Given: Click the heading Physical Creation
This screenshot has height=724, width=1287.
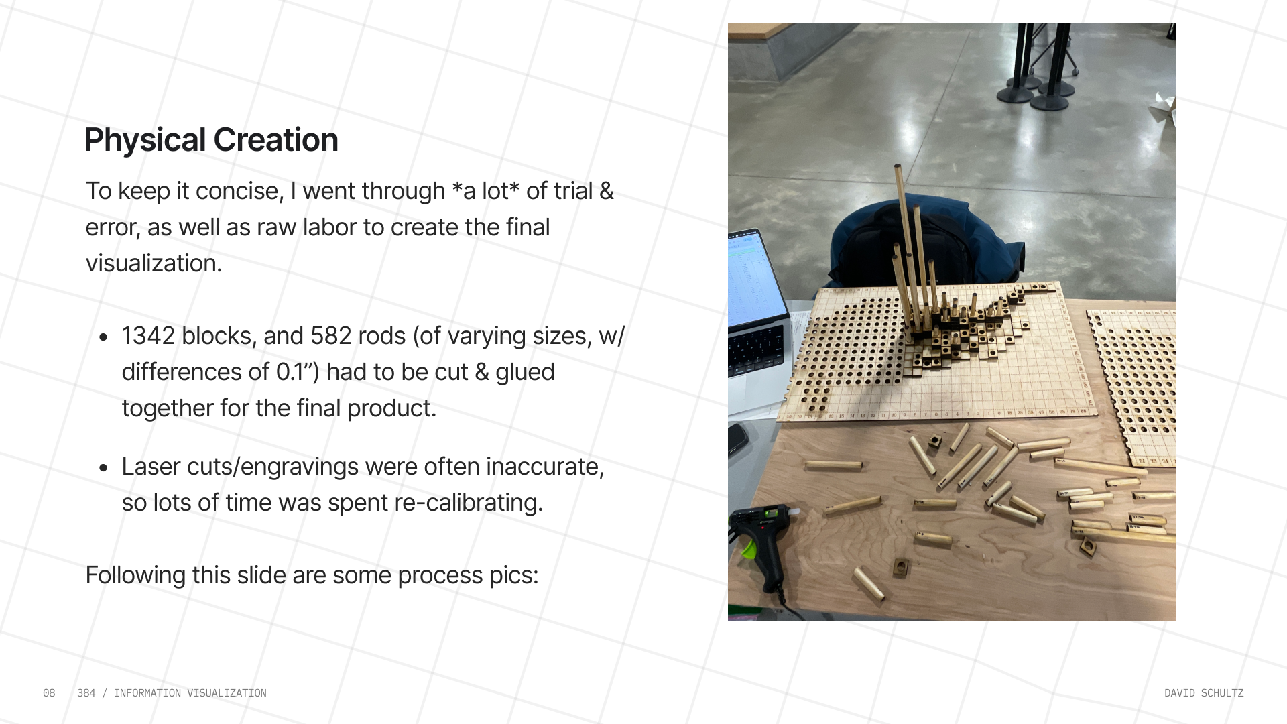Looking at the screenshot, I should (211, 140).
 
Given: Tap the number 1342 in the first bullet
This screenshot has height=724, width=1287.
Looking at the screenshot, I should (148, 336).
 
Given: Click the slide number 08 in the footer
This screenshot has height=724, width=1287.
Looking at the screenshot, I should (49, 693).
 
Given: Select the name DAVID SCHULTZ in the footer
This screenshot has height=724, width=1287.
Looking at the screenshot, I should (1204, 693).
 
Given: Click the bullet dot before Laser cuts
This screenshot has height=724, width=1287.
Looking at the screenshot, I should (103, 467).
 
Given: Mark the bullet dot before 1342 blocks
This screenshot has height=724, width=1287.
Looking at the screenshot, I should (103, 337).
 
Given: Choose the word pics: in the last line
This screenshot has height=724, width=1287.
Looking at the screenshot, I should (513, 575).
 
